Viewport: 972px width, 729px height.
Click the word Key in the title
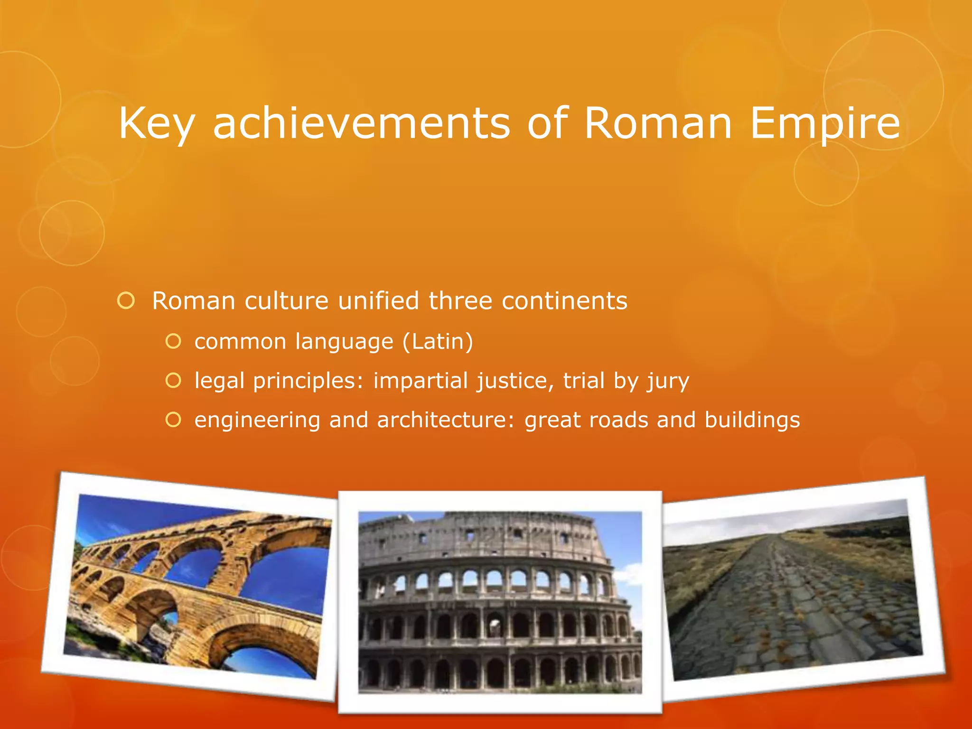click(x=157, y=123)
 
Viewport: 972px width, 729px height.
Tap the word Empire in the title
click(x=825, y=123)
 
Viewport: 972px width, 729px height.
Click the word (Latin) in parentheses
click(x=438, y=342)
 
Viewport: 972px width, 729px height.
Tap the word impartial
click(x=421, y=381)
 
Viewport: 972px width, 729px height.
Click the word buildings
click(x=752, y=420)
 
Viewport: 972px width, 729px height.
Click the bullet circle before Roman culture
click(x=126, y=301)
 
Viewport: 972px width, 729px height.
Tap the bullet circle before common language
click(x=174, y=341)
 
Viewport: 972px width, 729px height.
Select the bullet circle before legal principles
click(x=174, y=381)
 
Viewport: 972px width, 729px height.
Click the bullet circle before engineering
click(x=174, y=420)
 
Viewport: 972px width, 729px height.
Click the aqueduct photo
click(x=197, y=586)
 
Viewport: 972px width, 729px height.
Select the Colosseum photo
click(x=500, y=602)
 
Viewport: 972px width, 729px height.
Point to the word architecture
click(x=445, y=420)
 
